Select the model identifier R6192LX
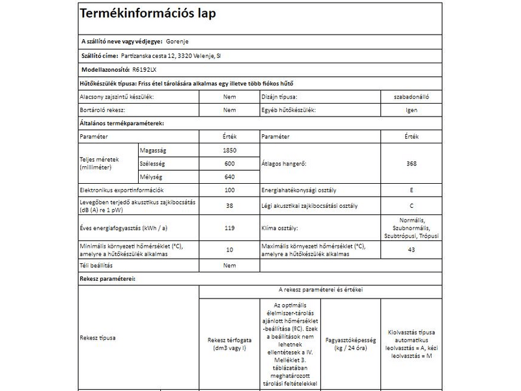[145, 68]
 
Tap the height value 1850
[229, 151]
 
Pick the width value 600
[229, 164]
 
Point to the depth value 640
[229, 177]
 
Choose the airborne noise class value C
[412, 206]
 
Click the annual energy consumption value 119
[229, 228]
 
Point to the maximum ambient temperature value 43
[412, 250]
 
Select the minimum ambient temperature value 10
[229, 250]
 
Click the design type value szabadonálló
[412, 96]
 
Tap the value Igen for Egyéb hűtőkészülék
[412, 110]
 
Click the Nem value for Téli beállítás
[229, 266]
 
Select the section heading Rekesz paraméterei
[107, 279]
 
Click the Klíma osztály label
[280, 228]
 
